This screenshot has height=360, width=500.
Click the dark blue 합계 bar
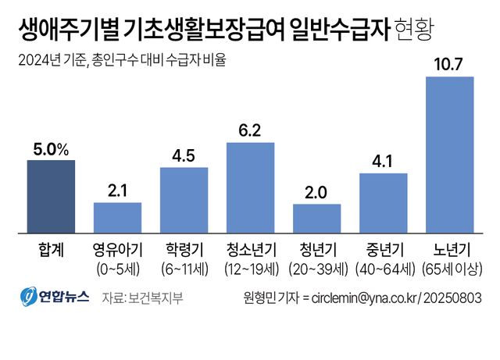51,196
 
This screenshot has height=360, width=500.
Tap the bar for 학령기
184,200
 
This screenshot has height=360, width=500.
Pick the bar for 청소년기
250,187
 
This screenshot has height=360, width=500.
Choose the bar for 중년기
383,202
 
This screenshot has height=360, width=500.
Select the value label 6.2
250,130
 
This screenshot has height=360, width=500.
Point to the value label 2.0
316,192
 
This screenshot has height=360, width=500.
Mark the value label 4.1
383,161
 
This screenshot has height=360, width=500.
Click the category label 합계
51,251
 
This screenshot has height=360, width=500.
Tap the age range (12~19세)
250,269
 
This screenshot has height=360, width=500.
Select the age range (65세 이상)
449,269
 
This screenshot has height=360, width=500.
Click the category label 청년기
316,251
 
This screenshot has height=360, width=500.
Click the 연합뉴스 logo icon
28,298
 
